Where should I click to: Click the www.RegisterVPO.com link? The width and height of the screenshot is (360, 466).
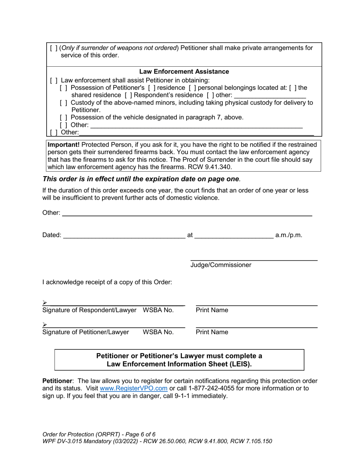pyautogui.click(x=133, y=388)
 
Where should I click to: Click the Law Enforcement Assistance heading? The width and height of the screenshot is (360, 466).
pyautogui.click(x=184, y=72)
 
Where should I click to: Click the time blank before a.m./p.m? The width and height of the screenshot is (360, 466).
pyautogui.click(x=234, y=235)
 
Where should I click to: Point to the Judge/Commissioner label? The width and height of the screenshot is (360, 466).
pyautogui.click(x=221, y=265)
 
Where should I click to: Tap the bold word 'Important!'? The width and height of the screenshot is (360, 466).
pyautogui.click(x=63, y=145)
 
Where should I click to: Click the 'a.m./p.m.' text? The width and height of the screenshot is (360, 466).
pyautogui.click(x=288, y=235)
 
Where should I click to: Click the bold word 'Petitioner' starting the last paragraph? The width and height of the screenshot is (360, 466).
pyautogui.click(x=57, y=381)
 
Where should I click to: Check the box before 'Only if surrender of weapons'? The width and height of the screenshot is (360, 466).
pyautogui.click(x=54, y=48)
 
